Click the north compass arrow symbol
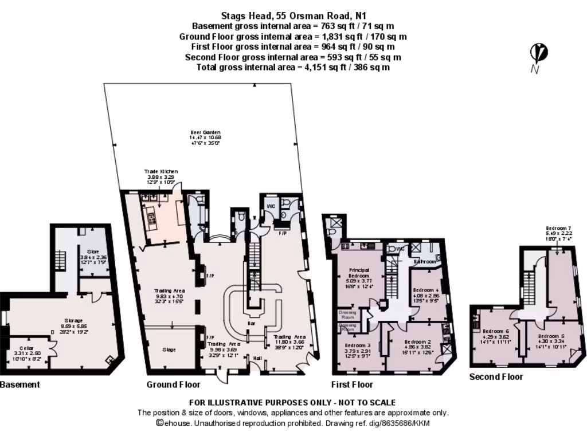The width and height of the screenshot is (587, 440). coord(538,54)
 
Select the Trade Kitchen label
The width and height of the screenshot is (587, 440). coord(161,171)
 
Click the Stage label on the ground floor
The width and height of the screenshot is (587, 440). coord(169,349)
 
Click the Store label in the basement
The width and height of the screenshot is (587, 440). coord(93,251)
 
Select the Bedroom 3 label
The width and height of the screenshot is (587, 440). coord(357,345)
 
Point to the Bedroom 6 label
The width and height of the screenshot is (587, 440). coord(496,331)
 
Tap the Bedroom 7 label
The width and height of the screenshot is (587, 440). coord(558,227)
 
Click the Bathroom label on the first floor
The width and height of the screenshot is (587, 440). coord(425,261)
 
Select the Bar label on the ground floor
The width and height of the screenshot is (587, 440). coord(251,324)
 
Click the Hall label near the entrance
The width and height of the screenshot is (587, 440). coord(257,359)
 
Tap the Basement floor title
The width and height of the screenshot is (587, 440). coord(20,384)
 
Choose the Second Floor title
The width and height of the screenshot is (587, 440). coord(496,376)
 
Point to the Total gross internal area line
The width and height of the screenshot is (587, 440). coord(293,67)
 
